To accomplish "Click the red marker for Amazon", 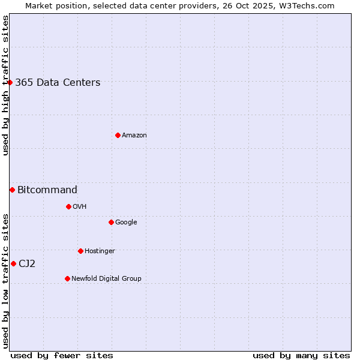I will tap(118, 135).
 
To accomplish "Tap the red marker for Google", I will tap(111, 222).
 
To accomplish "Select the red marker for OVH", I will tap(68, 206).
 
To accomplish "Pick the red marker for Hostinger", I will tap(80, 251).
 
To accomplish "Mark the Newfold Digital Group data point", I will tap(67, 278).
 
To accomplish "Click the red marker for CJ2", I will tap(13, 263).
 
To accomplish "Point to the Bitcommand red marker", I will tap(12, 190).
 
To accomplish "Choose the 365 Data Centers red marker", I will tap(10, 82).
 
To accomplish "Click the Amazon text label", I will tap(134, 136).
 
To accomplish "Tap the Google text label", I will tap(126, 223).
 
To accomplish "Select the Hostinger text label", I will tap(100, 251).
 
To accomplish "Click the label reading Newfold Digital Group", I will tap(106, 279).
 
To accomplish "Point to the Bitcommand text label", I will tap(47, 190).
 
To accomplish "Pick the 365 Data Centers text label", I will tap(58, 83).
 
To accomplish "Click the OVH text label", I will tap(80, 207).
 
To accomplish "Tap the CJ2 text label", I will tap(27, 264).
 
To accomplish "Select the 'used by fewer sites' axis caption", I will tap(62, 355).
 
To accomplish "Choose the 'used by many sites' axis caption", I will tap(301, 355).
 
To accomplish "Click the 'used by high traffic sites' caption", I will tap(6, 85).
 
